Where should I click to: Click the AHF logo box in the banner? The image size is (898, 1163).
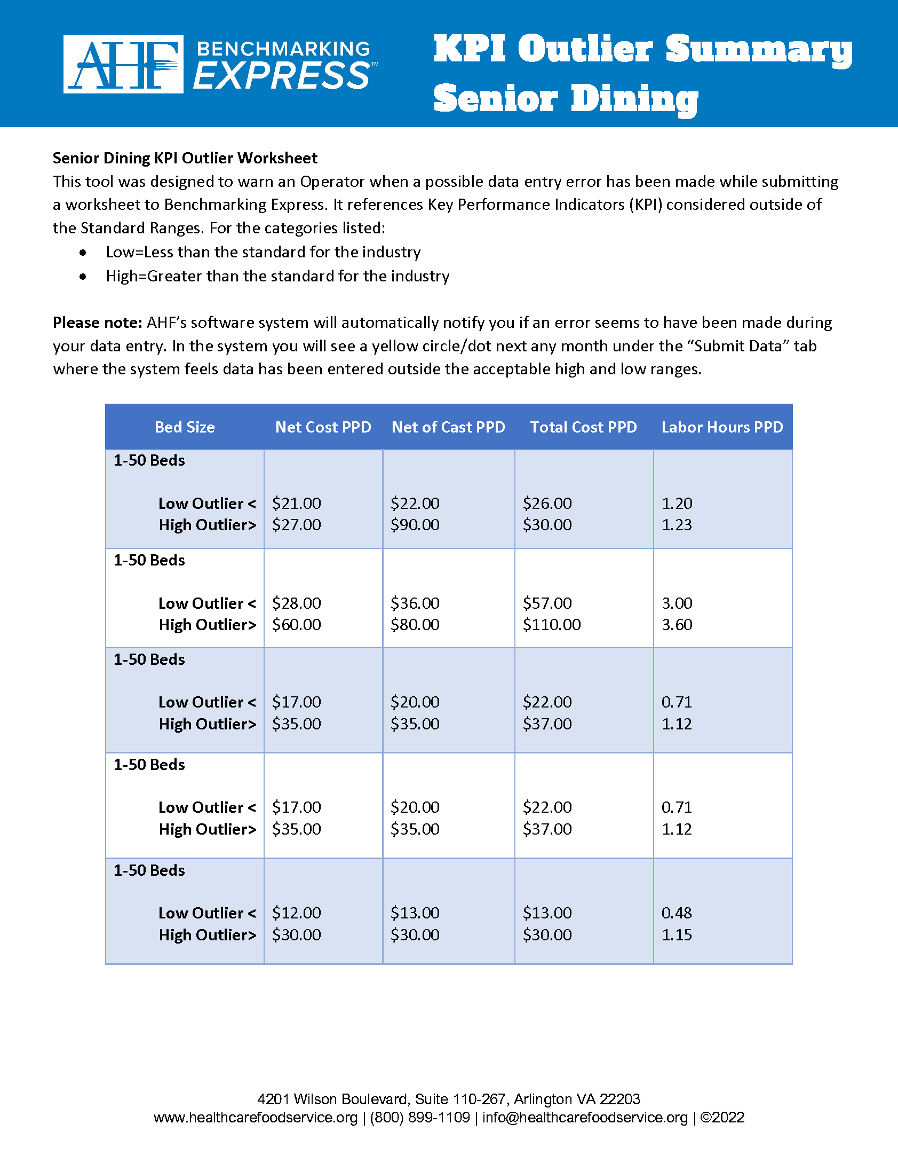point(123,64)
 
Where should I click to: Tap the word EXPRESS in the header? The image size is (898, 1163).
point(282,76)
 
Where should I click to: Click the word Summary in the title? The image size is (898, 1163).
point(759,49)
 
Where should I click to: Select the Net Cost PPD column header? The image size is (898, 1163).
point(323,427)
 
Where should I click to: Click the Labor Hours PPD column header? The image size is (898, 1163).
point(722,427)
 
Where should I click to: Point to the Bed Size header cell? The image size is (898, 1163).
point(185,427)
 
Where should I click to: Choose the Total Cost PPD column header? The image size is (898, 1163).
point(583,427)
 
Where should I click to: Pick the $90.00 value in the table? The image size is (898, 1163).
point(415,525)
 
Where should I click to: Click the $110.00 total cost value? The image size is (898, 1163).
point(551,625)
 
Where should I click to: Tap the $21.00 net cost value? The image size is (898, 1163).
point(296,504)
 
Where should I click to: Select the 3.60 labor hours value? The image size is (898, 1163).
point(677,625)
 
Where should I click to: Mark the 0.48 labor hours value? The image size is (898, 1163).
point(677,913)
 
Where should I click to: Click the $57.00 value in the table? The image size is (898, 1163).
point(547,603)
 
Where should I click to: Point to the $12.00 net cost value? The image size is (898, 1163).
point(296,913)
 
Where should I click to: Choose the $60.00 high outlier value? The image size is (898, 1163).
point(296,625)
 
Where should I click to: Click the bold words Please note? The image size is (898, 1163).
point(97,323)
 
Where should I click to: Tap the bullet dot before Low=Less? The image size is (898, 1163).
point(83,253)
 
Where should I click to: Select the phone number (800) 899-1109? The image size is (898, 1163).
point(420,1118)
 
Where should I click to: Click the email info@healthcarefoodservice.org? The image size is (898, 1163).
point(585,1118)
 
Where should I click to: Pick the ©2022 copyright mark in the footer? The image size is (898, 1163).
point(722,1118)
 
